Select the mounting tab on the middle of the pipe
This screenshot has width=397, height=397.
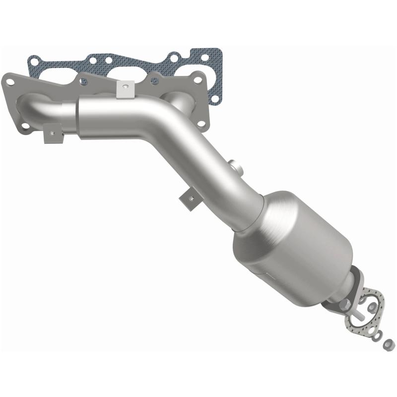point(191,197)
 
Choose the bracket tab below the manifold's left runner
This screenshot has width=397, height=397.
point(52,133)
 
